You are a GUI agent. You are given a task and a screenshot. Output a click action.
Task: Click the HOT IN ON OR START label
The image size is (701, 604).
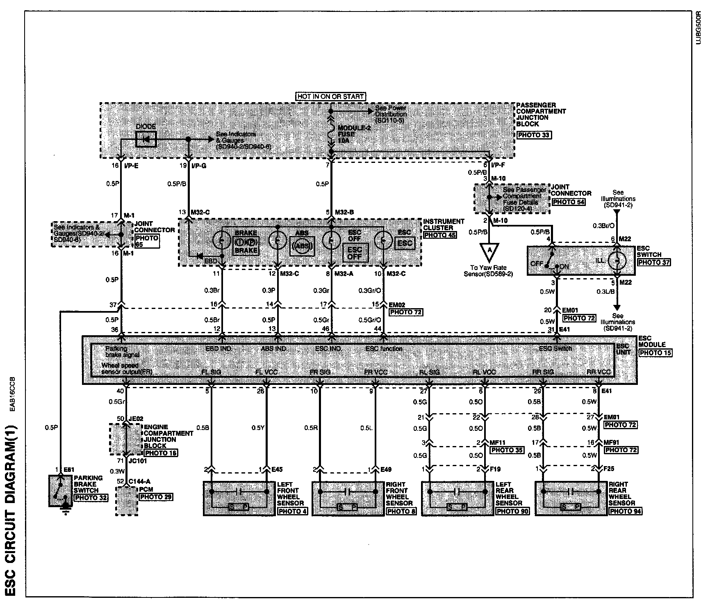point(330,97)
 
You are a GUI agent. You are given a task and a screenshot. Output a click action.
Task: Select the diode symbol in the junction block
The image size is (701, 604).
point(146,140)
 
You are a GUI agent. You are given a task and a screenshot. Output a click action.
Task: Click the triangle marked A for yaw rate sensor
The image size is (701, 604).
point(489,251)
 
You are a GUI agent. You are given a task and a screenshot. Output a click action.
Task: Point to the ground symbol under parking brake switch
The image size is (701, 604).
point(65,510)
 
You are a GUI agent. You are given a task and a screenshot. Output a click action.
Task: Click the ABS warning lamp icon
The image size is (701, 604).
point(301,246)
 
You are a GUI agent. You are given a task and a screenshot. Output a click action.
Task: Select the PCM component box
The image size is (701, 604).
point(126,501)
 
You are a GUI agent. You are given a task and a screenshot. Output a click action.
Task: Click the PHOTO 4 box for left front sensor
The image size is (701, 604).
point(292,511)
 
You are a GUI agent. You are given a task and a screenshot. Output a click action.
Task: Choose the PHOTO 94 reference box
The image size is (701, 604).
point(625,511)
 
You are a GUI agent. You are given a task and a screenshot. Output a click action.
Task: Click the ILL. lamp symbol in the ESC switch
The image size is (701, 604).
point(615,261)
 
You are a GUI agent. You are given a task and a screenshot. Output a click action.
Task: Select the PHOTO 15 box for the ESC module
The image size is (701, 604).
point(655,352)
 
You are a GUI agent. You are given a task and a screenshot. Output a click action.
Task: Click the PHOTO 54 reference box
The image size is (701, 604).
point(568,202)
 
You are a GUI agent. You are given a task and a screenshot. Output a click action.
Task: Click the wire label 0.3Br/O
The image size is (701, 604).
point(603,226)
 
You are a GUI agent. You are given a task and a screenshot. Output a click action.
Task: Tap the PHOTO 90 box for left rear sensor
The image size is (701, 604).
point(512,511)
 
